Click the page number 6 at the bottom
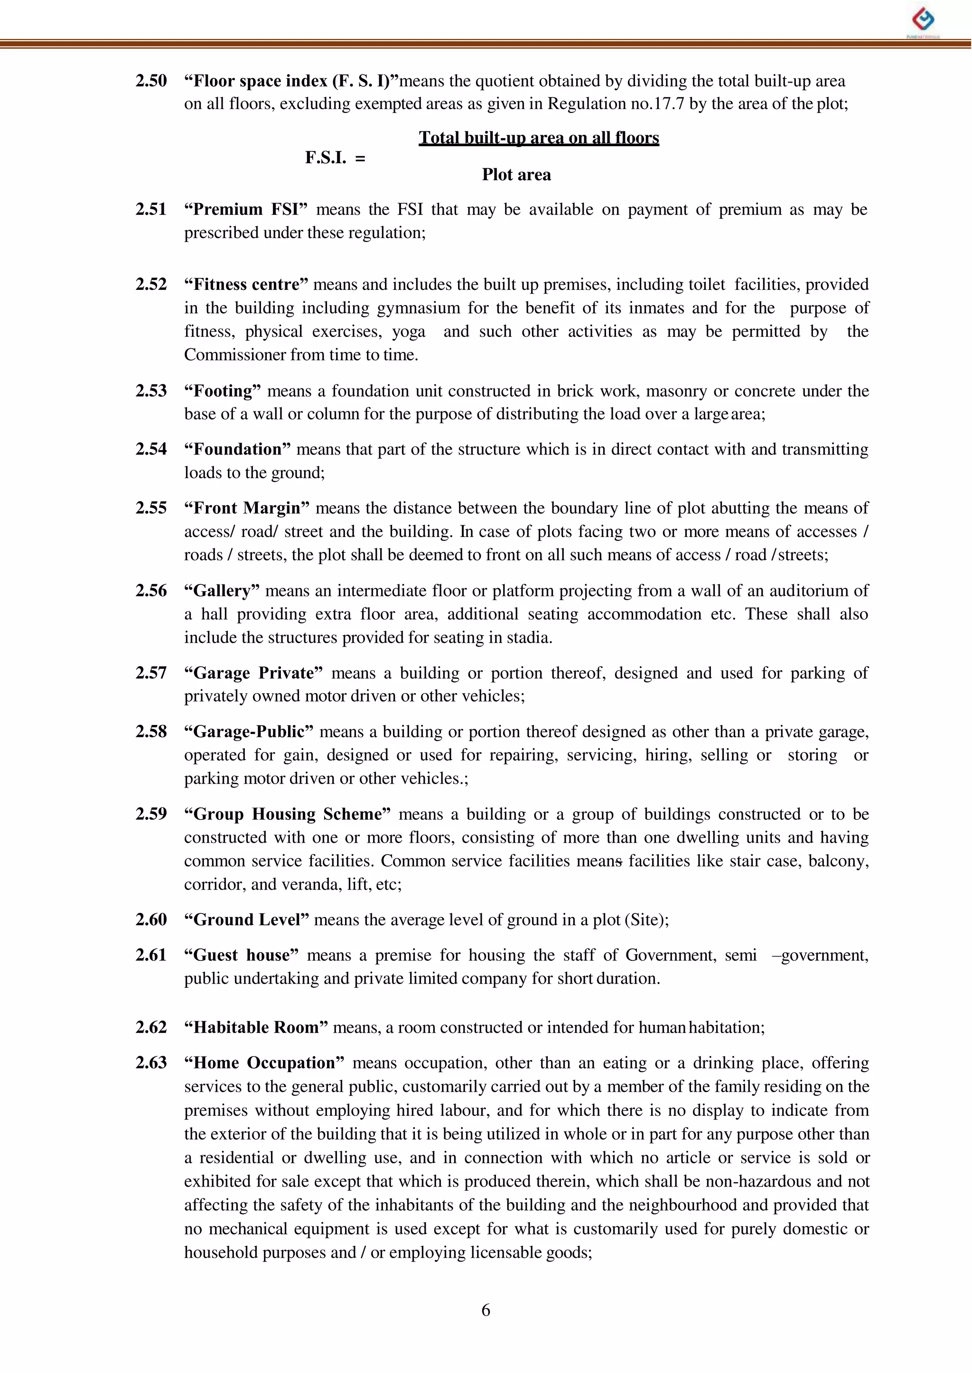point(486,1310)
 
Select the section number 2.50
point(151,81)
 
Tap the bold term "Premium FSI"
point(245,209)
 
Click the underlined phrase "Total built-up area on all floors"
point(539,138)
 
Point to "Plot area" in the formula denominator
point(516,175)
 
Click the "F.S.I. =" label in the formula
point(335,158)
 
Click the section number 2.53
point(151,390)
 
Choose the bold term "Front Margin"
point(247,508)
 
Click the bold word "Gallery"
point(222,591)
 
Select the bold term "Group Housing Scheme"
point(287,814)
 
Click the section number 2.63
point(151,1063)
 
